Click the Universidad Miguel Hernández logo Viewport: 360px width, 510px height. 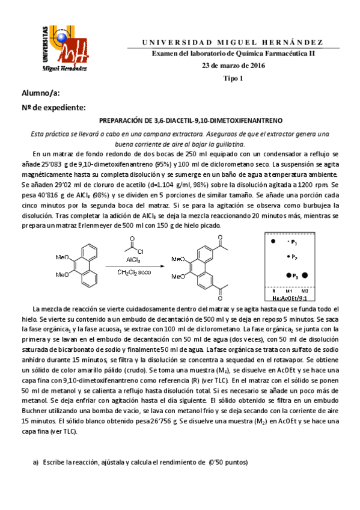tap(65, 46)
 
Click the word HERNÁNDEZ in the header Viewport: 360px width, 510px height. tap(297, 42)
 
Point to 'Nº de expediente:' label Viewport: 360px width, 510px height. tap(54, 107)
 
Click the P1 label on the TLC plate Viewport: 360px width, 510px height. tap(294, 242)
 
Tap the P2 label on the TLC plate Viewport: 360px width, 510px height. tap(294, 257)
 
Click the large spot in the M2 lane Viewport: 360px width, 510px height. tap(305, 275)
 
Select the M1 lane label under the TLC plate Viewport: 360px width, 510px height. tap(288, 290)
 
